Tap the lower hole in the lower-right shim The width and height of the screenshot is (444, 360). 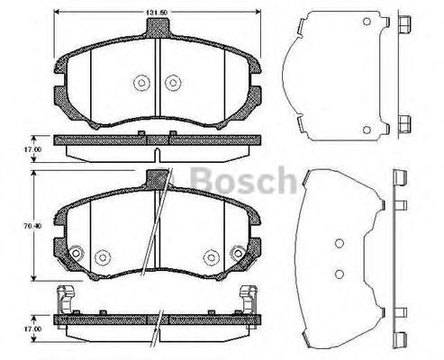pyautogui.click(x=338, y=274)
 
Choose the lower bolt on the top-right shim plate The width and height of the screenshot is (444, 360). pyautogui.click(x=403, y=123)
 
